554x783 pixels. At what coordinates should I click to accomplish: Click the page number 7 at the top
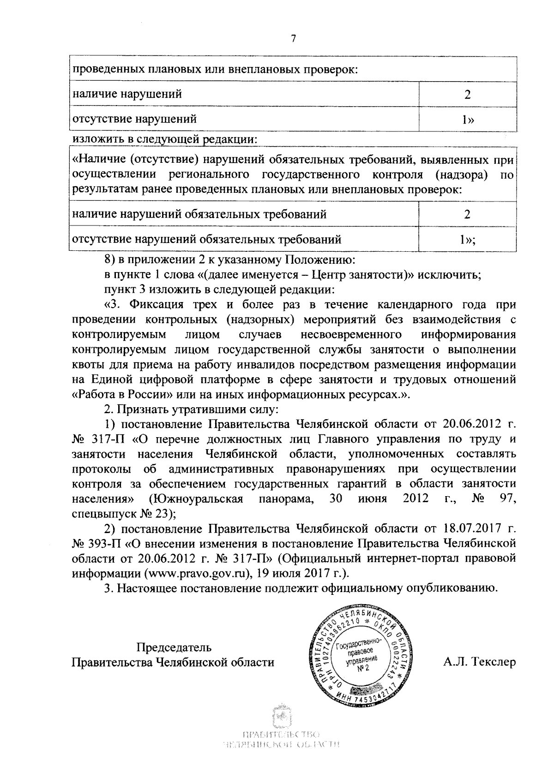point(293,39)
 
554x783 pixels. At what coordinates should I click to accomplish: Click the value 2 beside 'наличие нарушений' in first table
point(468,95)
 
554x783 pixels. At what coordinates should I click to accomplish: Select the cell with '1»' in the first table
point(468,119)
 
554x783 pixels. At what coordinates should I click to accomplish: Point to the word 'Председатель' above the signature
point(174,647)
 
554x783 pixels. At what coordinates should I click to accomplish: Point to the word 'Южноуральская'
point(196,499)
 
